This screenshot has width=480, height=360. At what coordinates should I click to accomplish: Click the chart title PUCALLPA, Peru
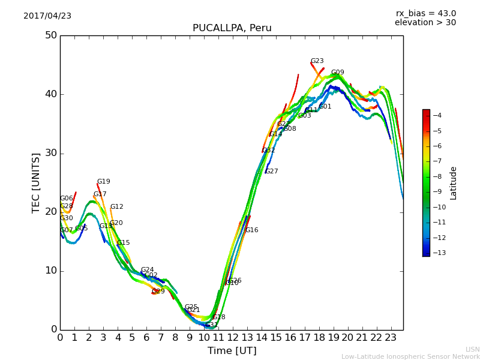232,28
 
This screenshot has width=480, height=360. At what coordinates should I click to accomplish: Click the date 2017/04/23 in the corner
47,16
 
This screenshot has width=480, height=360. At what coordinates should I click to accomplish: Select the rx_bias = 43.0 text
425,13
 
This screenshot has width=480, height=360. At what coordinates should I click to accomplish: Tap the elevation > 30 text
425,23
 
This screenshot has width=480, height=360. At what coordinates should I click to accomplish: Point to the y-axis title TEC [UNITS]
37,182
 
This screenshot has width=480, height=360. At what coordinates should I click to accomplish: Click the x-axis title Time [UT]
232,351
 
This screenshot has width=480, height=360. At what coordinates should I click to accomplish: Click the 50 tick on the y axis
50,35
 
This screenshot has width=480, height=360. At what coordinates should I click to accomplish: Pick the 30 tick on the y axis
50,153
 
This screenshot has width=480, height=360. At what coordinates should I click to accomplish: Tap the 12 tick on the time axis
233,338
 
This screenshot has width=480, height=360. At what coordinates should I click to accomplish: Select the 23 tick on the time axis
391,338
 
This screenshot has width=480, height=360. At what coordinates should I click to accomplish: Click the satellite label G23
317,61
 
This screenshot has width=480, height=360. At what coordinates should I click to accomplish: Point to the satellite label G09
337,73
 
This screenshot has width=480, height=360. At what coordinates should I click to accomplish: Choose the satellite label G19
104,182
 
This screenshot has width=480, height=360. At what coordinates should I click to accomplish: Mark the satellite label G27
272,172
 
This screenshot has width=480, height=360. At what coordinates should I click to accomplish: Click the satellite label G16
252,230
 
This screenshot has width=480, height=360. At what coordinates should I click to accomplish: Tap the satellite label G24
147,270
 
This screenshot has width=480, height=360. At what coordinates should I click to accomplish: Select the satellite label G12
116,207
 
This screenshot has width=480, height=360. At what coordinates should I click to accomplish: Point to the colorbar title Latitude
454,183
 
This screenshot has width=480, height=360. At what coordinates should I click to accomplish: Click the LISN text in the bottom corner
473,349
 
